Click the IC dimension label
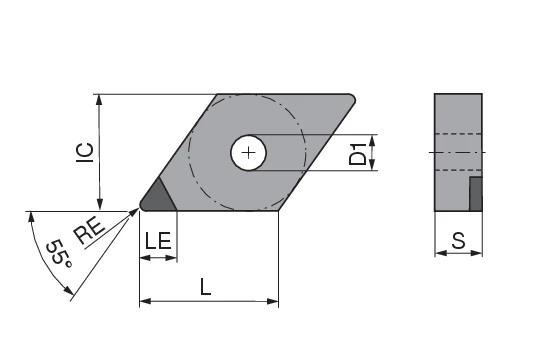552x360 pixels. click(x=85, y=152)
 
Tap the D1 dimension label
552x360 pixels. click(x=357, y=154)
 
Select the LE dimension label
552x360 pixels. click(x=158, y=241)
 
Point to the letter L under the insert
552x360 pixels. click(x=205, y=286)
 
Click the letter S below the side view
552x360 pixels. click(x=458, y=241)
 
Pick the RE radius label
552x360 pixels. click(x=89, y=230)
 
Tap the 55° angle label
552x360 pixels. click(x=59, y=253)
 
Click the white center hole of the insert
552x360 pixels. click(x=249, y=153)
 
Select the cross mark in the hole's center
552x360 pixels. click(x=249, y=153)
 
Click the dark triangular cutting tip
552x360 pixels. click(x=158, y=198)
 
